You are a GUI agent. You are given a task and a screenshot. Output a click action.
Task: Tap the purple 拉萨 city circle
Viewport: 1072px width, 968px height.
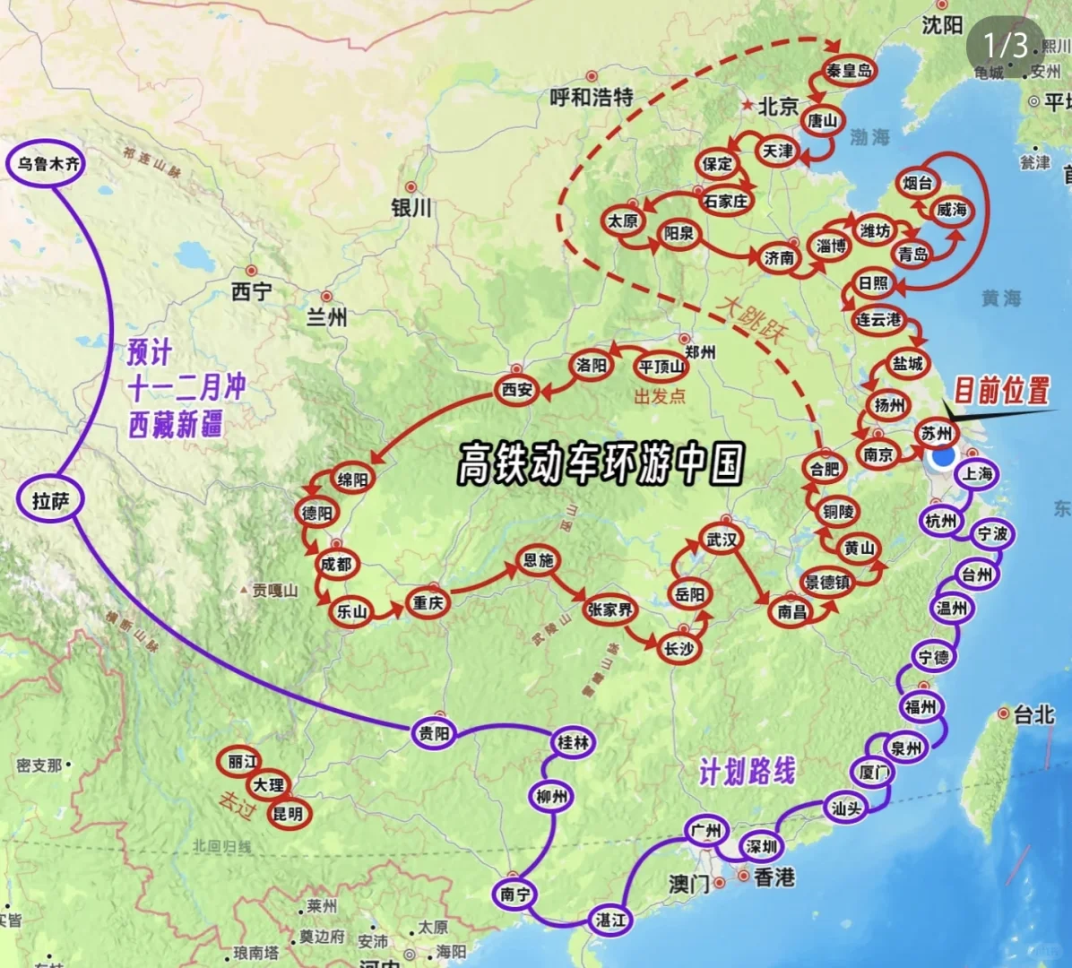[x=50, y=501]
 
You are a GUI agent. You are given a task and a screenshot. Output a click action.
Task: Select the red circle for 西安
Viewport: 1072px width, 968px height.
[x=517, y=390]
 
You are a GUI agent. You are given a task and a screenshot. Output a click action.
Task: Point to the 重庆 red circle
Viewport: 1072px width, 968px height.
[x=428, y=603]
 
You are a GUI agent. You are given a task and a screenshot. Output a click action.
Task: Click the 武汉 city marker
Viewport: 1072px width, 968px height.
[x=722, y=539]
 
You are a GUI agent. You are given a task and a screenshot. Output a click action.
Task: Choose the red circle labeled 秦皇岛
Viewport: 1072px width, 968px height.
[x=849, y=70]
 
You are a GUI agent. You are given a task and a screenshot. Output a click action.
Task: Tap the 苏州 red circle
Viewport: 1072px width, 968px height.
[x=937, y=433]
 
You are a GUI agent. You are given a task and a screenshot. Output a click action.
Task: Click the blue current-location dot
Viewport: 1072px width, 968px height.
[x=942, y=457]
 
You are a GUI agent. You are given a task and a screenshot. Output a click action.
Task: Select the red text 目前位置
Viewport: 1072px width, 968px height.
[x=1000, y=390]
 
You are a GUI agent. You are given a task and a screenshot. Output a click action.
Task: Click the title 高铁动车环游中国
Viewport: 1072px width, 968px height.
[x=601, y=463]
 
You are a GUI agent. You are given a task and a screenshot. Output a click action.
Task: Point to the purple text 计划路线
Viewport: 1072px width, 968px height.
[x=747, y=771]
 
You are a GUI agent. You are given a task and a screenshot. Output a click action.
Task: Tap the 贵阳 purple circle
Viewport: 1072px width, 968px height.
[x=434, y=734]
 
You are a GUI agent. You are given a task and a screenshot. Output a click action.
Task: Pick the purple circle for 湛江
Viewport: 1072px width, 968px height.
[x=610, y=920]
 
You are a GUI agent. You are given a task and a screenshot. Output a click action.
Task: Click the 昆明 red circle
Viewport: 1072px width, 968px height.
[x=288, y=814]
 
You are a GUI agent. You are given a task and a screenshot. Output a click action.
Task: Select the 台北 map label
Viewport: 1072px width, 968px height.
[x=1033, y=714]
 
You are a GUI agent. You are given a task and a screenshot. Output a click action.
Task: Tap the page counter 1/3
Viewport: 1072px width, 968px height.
[x=1005, y=45]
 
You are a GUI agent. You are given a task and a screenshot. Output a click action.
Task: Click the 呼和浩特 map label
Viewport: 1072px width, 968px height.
[x=592, y=97]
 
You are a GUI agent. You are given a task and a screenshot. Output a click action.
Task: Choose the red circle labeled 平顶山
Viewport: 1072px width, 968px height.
[x=661, y=367]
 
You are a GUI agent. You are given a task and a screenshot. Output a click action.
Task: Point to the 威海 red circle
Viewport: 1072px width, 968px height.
[x=951, y=210]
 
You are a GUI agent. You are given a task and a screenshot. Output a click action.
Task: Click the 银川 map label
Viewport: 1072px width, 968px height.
[x=411, y=208]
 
